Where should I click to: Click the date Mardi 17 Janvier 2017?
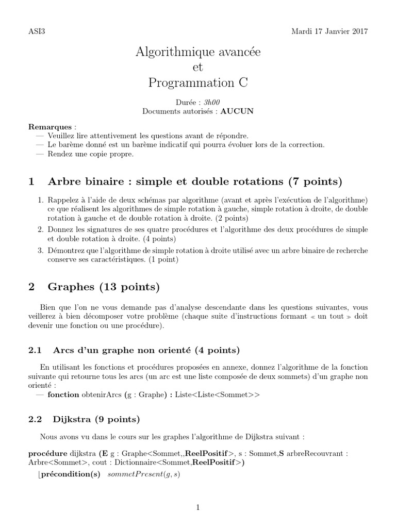[x=329, y=31]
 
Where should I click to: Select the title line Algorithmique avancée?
[x=198, y=52]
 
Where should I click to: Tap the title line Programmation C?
[x=198, y=82]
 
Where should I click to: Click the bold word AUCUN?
[x=237, y=111]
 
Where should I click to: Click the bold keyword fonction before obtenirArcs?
[x=63, y=395]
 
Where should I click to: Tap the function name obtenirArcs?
[x=102, y=395]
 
